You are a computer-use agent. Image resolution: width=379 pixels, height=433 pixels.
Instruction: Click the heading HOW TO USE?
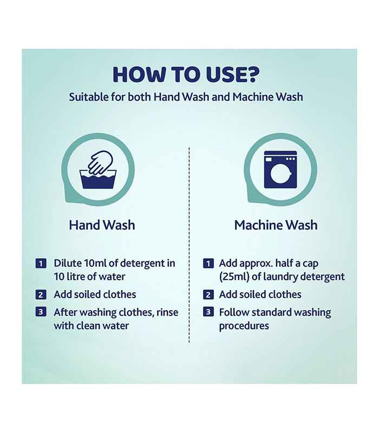pos(186,75)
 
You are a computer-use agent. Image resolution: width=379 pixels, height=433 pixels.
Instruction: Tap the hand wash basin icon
pos(98,169)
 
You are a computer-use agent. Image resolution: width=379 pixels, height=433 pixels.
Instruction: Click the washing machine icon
pos(280,169)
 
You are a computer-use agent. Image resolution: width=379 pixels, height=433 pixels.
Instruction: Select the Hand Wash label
pos(102,225)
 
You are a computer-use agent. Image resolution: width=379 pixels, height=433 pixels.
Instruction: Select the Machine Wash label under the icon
pos(276,225)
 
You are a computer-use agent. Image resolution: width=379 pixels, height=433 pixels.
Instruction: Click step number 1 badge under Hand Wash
pos(41,264)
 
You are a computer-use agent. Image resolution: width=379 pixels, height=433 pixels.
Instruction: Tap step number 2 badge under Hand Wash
pos(41,294)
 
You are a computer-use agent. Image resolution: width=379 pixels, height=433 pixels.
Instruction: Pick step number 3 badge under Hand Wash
pos(41,312)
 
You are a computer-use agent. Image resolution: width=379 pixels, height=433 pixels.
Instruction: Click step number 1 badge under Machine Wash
pos(208,264)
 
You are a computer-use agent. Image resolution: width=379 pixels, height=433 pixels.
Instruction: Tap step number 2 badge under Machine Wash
pos(208,294)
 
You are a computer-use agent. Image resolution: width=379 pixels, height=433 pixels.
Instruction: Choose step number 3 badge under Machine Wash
pos(208,312)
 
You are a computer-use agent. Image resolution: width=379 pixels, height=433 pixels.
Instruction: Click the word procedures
pos(244,326)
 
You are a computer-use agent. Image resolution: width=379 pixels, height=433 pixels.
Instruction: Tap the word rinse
pos(167,312)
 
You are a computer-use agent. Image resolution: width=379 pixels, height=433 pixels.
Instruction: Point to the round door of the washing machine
pos(280,174)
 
